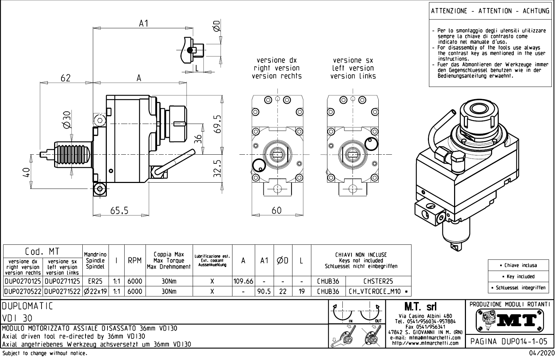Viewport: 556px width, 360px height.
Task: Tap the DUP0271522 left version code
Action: [62, 292]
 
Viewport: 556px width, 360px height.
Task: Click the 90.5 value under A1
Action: [264, 292]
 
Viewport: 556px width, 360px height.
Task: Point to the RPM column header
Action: [134, 260]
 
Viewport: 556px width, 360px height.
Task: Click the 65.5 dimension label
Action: [119, 211]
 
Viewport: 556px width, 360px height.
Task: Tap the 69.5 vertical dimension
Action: [218, 124]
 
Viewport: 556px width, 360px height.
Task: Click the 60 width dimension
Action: [277, 210]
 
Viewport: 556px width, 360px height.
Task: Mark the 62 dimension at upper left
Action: [65, 78]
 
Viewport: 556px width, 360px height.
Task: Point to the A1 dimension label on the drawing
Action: [144, 23]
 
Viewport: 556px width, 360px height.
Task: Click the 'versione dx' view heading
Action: [277, 60]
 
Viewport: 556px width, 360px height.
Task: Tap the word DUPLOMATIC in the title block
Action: [28, 306]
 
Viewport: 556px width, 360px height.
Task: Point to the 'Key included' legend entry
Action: [518, 277]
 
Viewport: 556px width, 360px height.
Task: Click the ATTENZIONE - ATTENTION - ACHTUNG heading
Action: [490, 11]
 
